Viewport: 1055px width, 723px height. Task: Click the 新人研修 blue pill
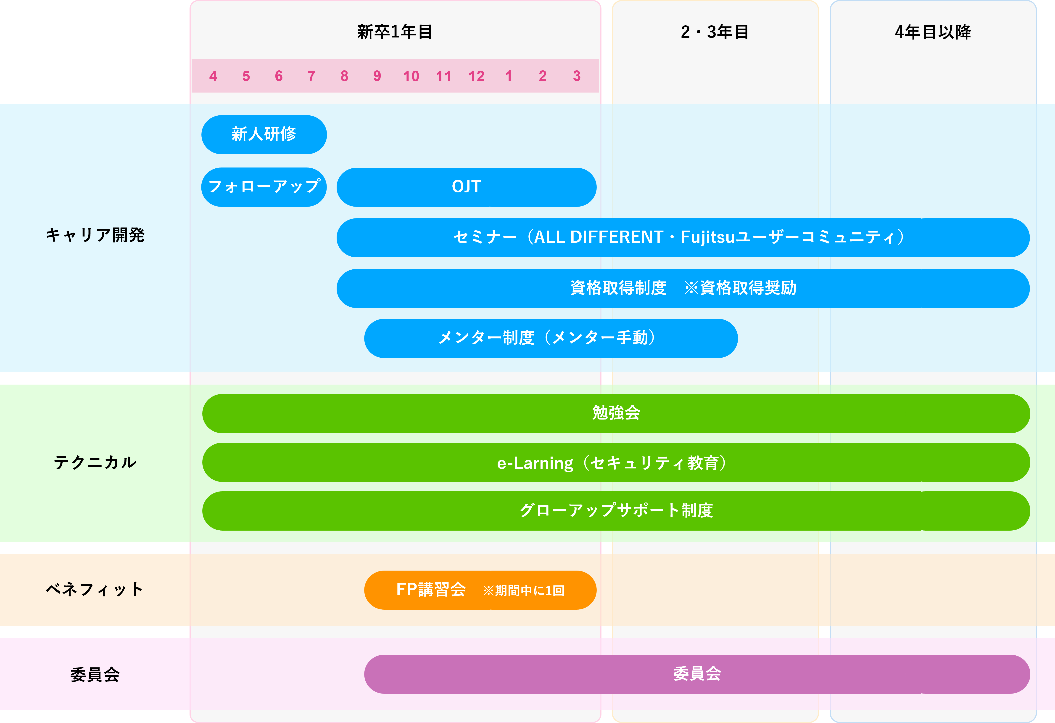click(264, 134)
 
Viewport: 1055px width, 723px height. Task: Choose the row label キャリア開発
click(95, 235)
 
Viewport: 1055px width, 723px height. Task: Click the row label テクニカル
click(95, 462)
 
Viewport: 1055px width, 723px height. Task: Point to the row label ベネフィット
click(95, 590)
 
